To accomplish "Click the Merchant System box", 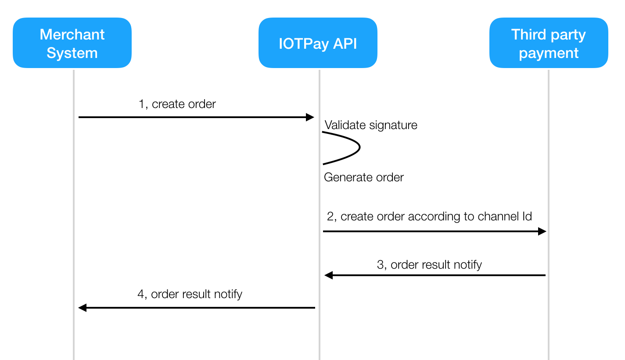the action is (x=72, y=43).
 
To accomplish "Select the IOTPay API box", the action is (x=318, y=43).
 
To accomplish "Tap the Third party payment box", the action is (x=549, y=43).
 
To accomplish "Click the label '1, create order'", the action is (x=177, y=104).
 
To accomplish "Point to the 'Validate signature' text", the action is (x=371, y=125).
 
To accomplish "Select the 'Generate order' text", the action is (x=364, y=177).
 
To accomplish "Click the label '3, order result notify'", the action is (x=429, y=265).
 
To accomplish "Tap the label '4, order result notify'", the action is (x=190, y=294).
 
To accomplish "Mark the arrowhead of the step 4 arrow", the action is (x=79, y=308).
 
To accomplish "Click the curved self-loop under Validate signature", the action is (x=359, y=147).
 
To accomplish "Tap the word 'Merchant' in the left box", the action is (x=72, y=35).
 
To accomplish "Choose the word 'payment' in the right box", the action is (x=549, y=53).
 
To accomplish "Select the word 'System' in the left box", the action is (x=72, y=53).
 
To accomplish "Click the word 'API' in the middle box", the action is (x=345, y=44).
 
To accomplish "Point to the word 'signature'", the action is (x=393, y=125).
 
